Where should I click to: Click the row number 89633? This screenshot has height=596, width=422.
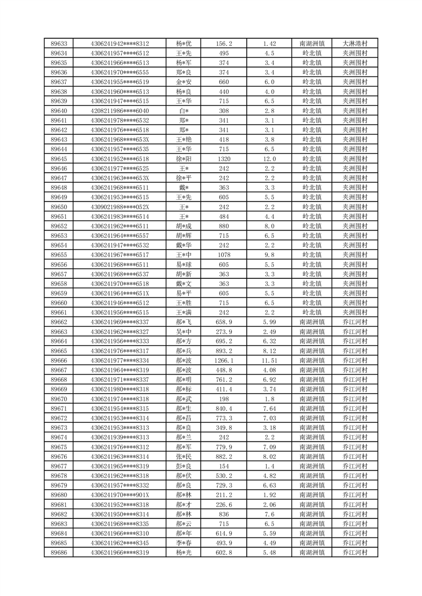pyautogui.click(x=58, y=44)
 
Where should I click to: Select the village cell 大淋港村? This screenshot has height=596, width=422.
pyautogui.click(x=355, y=44)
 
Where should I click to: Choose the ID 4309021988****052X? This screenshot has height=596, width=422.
pyautogui.click(x=120, y=207)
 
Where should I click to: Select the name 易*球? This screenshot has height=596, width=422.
pyautogui.click(x=184, y=265)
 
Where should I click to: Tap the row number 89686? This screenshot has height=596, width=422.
pyautogui.click(x=58, y=553)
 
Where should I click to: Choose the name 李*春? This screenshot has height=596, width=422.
pyautogui.click(x=184, y=543)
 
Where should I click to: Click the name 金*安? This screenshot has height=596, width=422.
pyautogui.click(x=184, y=82)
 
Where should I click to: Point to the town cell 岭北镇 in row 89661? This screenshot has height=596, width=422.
pyautogui.click(x=312, y=312)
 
